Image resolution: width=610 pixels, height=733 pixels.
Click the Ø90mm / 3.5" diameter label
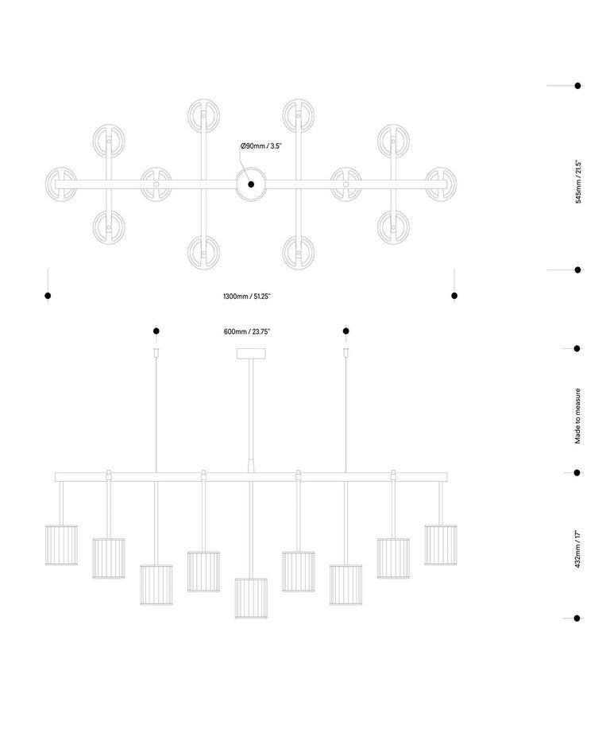(261, 145)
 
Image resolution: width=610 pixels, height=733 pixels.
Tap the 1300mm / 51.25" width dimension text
(247, 297)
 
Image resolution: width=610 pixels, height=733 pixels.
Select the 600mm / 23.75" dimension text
(247, 332)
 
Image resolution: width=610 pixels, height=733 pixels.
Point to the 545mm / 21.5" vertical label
(578, 182)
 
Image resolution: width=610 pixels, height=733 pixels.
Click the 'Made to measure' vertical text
(577, 416)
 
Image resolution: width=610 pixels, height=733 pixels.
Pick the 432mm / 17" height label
(577, 549)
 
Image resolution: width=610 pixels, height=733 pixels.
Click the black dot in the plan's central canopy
(251, 184)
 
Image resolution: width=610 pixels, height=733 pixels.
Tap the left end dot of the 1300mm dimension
(48, 296)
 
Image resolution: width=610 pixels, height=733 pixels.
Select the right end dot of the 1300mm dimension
(454, 296)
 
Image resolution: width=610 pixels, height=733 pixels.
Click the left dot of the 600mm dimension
(156, 331)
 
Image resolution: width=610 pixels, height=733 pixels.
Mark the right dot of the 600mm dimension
(346, 331)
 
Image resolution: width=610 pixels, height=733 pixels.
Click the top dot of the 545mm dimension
(577, 86)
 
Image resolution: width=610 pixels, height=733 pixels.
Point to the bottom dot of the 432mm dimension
(577, 618)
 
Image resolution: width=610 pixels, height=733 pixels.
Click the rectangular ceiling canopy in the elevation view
(251, 354)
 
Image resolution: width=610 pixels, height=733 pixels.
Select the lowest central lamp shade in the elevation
(251, 599)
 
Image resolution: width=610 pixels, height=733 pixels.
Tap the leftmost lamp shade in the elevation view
(61, 545)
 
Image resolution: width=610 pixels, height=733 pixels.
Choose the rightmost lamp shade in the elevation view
(441, 545)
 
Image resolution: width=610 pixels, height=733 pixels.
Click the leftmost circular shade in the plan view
(61, 184)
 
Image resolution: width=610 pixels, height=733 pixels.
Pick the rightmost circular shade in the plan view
(441, 184)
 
